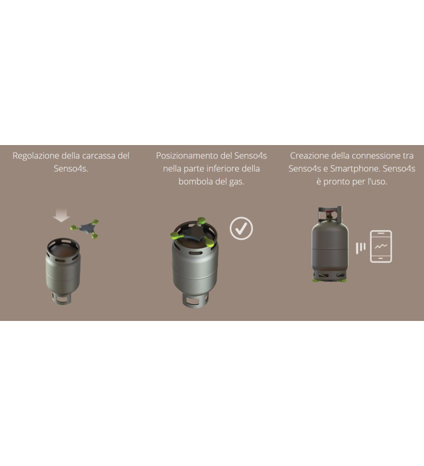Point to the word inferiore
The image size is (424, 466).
click(220, 169)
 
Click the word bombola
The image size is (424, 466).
click(194, 182)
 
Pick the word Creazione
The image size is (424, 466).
click(310, 156)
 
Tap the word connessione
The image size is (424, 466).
click(374, 156)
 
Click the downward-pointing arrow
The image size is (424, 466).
click(61, 216)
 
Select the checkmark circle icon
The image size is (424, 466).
click(241, 228)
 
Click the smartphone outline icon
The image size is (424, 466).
click(381, 246)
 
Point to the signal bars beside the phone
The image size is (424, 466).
click(361, 247)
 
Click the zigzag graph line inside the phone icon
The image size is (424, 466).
click(381, 246)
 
